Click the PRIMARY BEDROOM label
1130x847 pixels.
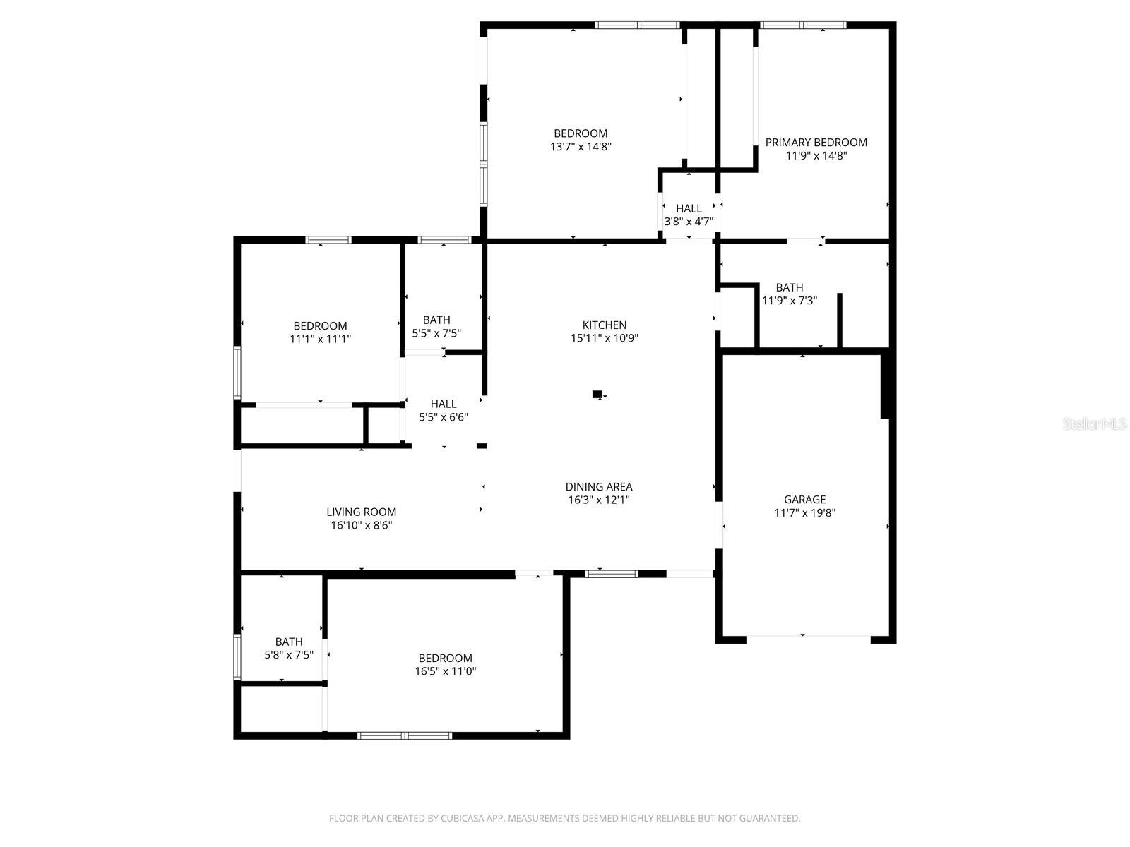point(816,142)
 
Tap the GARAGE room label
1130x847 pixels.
point(804,500)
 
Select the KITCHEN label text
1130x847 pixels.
point(604,325)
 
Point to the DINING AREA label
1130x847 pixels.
point(599,486)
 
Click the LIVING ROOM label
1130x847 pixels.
point(361,512)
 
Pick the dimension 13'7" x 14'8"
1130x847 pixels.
point(581,147)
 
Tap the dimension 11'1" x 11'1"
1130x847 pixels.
point(320,339)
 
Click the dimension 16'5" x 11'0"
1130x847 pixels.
point(445,671)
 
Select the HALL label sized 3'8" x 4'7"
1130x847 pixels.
point(689,208)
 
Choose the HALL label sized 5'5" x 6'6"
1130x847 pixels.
point(444,404)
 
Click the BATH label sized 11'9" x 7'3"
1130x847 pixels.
point(789,287)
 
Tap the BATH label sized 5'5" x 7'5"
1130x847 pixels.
point(436,320)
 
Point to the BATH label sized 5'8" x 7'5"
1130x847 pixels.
point(288,642)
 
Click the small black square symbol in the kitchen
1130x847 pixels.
point(597,394)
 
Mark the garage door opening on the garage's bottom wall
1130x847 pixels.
point(808,638)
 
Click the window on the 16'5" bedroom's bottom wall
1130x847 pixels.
point(404,735)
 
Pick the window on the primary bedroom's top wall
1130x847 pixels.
point(803,25)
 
